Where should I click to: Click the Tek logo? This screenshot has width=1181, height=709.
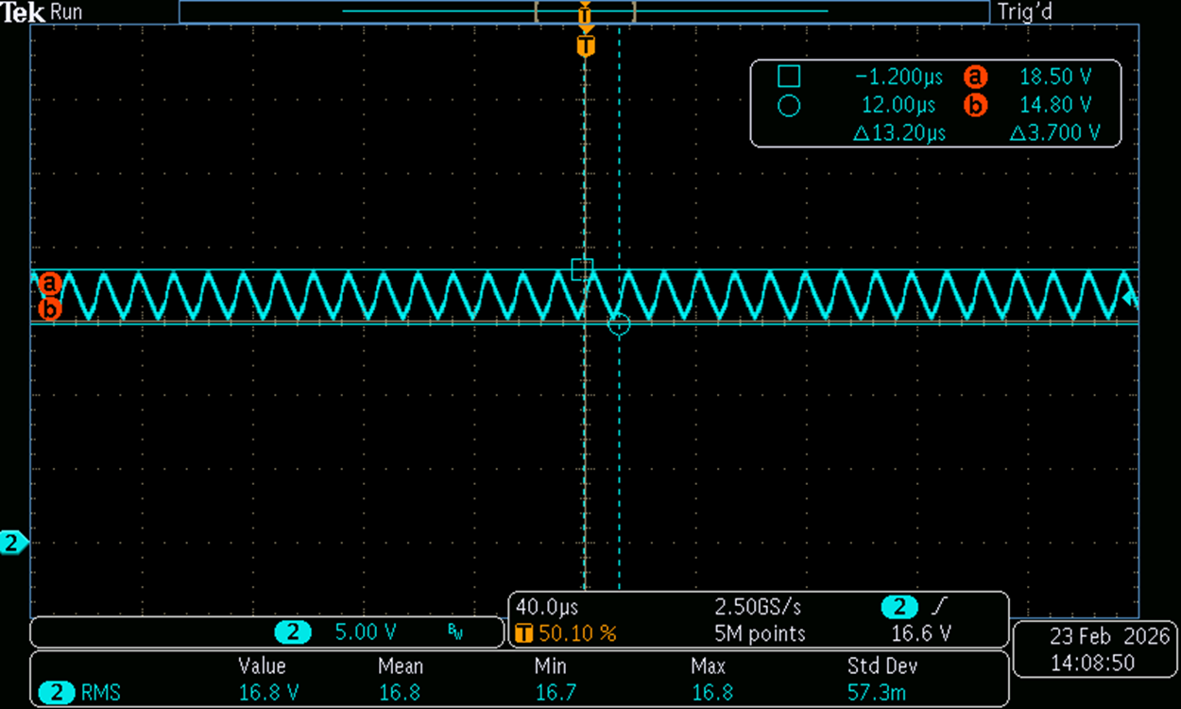point(23,12)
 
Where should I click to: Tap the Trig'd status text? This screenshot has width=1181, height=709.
point(1024,12)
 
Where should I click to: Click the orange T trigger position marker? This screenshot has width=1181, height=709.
point(586,46)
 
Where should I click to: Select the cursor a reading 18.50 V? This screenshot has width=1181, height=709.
point(1055,77)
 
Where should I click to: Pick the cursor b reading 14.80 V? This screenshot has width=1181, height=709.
point(1055,105)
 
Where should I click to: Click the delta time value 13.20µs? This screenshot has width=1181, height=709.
point(899,133)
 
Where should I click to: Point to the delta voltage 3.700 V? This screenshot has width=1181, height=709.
point(1054,133)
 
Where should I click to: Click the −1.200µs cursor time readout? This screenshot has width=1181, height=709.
point(899,78)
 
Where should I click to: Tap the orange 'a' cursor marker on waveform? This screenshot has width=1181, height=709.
point(50,284)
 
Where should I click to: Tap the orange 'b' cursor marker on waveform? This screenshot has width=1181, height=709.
point(50,309)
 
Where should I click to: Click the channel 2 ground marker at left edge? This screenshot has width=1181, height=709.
point(12,543)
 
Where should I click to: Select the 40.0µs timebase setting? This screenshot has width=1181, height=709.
point(547,608)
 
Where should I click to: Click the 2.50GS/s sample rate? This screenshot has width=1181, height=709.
point(758,608)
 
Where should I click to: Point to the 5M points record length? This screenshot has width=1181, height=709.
point(760,633)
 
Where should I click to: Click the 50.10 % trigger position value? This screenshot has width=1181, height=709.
point(577,633)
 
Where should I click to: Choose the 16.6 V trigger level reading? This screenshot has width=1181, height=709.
point(921,633)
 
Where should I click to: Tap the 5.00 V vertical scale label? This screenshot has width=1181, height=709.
point(366,632)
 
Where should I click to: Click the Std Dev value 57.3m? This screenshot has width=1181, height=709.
point(876,692)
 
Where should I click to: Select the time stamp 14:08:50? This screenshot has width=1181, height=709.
point(1092,663)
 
